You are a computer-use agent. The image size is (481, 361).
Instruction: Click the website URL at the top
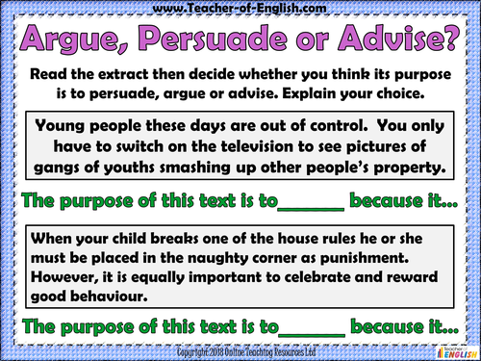click(x=240, y=9)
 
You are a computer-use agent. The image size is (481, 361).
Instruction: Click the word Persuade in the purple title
click(x=225, y=42)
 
